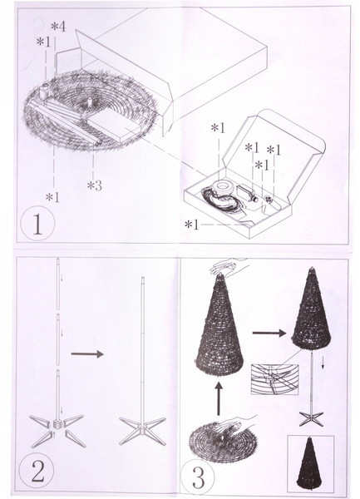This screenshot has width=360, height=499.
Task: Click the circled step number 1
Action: point(37,224)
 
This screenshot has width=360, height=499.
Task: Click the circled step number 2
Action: point(37,471)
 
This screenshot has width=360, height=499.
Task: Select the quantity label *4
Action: point(58,27)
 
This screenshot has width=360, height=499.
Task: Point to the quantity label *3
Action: point(95,185)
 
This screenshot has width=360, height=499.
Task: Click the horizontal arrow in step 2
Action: point(87,354)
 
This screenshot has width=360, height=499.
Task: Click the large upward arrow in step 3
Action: point(219,398)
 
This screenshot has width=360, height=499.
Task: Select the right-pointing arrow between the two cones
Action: point(269,333)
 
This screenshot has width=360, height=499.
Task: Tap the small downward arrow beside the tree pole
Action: point(323,363)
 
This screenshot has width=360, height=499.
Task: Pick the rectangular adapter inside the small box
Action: point(246,192)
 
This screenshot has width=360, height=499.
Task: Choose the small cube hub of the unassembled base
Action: point(57,424)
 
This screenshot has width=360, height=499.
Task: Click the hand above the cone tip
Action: point(228,266)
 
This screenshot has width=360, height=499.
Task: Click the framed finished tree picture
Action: point(310,464)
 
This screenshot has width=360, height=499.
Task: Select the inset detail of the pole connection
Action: point(274,379)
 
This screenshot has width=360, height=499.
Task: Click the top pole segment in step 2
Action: point(58,284)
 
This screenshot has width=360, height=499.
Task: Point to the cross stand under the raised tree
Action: point(311,418)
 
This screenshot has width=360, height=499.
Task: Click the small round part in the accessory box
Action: point(269,200)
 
